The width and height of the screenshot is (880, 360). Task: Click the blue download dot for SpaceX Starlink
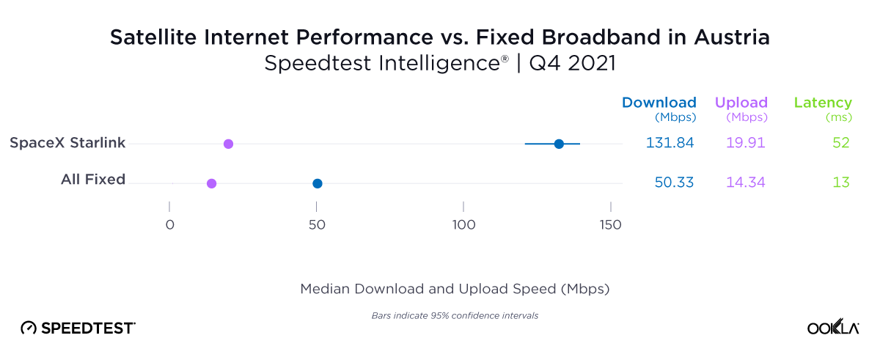point(559,144)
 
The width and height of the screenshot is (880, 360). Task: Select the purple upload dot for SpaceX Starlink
point(228,144)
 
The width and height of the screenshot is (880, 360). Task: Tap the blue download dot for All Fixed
point(318,183)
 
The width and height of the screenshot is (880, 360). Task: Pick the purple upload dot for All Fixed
point(212,183)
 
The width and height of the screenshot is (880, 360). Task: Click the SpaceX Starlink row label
point(67,143)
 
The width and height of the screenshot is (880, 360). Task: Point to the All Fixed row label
point(93,180)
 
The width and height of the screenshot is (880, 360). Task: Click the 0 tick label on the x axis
point(169,225)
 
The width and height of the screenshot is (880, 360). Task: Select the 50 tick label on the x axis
point(316,225)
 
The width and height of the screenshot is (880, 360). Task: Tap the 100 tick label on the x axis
point(463,225)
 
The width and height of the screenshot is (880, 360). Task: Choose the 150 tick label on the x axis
point(610,225)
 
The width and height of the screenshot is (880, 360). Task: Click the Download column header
point(659,103)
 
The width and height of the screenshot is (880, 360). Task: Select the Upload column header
point(741,103)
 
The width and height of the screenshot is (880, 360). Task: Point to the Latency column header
point(823,103)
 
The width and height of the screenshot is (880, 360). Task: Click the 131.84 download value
point(670,143)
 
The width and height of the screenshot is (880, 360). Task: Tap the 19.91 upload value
point(745,143)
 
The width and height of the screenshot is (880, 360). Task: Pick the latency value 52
point(840,143)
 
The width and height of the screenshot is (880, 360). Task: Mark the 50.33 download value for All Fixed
point(674,183)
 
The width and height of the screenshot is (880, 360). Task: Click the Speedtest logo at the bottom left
point(78,328)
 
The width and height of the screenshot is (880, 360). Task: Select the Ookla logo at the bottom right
point(833,328)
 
